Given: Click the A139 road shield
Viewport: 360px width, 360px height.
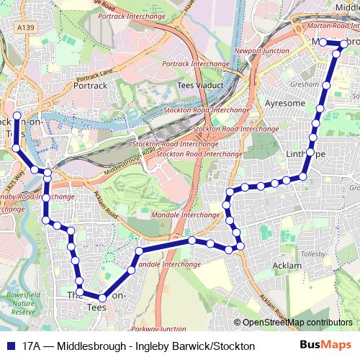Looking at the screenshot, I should [x=27, y=27].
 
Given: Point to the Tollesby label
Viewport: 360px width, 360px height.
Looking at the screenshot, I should [x=314, y=254].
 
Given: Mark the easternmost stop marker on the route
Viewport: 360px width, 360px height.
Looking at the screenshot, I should [x=344, y=43].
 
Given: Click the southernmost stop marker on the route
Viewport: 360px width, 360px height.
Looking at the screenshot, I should [x=102, y=297].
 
